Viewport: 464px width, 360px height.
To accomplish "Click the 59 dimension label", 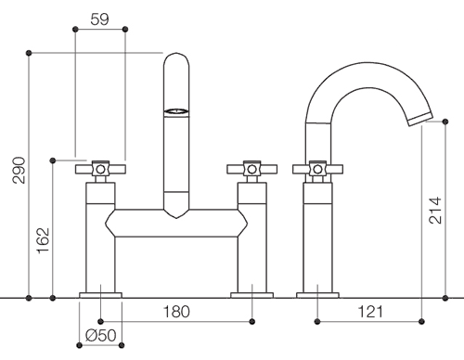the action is point(99,19).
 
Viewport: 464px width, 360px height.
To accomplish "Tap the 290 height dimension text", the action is point(19,170).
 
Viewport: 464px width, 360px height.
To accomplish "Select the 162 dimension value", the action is point(44,240).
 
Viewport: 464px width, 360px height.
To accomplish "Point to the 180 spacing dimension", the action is point(176,312).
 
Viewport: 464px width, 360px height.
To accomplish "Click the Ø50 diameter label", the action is point(101,335).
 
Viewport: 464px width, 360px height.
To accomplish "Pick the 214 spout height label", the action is point(435,210).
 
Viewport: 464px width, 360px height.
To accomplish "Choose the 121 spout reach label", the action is point(370,312).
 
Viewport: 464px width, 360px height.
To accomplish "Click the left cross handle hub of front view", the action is point(100,169).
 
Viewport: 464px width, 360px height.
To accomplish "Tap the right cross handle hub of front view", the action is point(252,169).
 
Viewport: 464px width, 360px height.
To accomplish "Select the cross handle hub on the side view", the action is point(317,169).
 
